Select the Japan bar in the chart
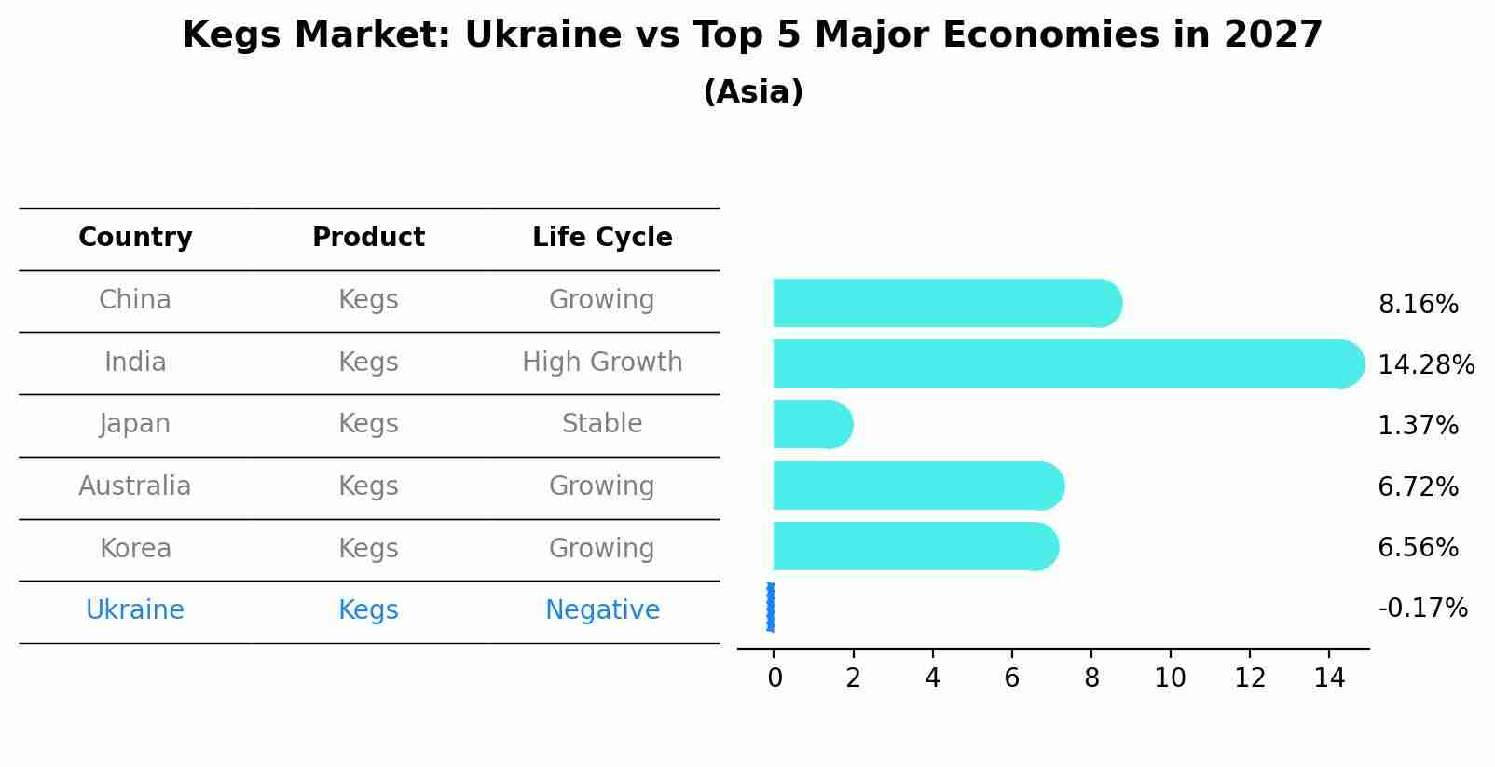[x=812, y=424]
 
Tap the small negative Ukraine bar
[x=771, y=608]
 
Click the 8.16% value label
[x=1418, y=305]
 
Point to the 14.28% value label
[x=1425, y=364]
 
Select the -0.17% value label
[x=1422, y=609]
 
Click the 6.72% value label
[x=1418, y=486]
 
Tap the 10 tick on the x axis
[x=1170, y=678]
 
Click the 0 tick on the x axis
[x=775, y=678]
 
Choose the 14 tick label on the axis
[x=1329, y=678]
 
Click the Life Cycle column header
[x=602, y=238]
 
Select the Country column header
[x=135, y=238]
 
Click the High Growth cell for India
[x=602, y=362]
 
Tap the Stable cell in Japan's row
[x=602, y=424]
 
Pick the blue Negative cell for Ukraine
[x=602, y=610]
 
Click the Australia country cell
[x=135, y=486]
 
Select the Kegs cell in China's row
[x=368, y=300]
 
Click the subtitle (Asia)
[x=753, y=92]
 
